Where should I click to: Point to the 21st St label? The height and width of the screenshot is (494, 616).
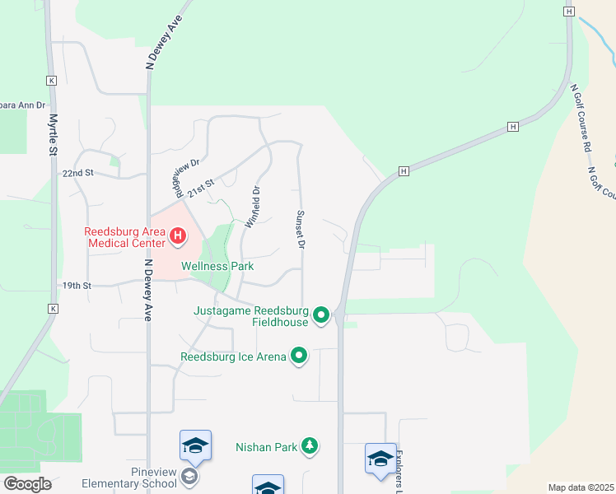tap(200, 188)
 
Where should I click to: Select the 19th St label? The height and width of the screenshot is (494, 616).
tap(76, 286)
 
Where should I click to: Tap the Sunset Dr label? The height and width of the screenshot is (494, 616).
tap(301, 229)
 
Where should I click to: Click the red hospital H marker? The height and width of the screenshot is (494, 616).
tap(177, 238)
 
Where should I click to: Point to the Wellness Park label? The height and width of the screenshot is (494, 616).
tap(217, 266)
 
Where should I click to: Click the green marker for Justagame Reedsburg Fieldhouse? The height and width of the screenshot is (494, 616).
tap(321, 315)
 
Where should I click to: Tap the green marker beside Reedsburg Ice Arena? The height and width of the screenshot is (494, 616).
tap(299, 357)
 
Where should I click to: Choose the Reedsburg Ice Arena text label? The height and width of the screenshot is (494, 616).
tap(234, 357)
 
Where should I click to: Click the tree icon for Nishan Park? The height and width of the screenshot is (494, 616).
tap(310, 445)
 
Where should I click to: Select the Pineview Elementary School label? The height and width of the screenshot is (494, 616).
tap(130, 478)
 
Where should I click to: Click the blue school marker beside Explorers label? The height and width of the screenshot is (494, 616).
tap(380, 458)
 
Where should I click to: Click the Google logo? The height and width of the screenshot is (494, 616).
tap(27, 484)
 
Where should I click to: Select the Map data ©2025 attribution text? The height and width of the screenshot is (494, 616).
tap(580, 487)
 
